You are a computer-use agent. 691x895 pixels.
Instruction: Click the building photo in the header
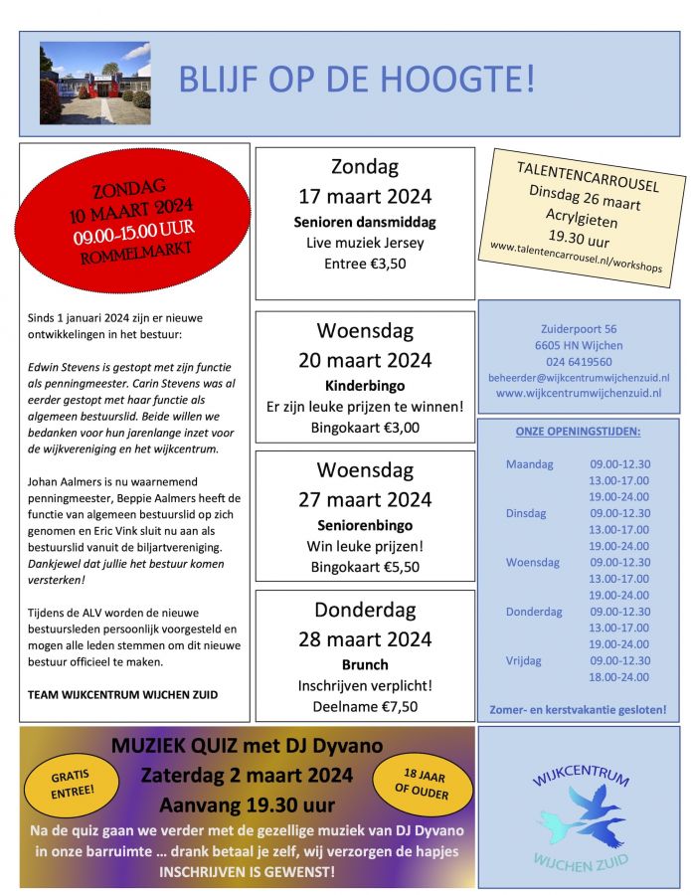94,83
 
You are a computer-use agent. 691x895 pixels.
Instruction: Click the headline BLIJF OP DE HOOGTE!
356,80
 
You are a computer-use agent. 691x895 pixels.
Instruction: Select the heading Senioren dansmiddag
365,222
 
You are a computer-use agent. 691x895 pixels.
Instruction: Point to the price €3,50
365,265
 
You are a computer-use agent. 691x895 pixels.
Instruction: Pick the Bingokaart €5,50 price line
365,567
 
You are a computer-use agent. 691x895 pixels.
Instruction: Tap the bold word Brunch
365,664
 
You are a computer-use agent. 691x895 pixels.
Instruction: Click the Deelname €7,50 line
365,707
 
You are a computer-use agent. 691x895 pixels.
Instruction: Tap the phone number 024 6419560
579,361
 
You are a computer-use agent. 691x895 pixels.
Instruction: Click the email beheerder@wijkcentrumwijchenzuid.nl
579,378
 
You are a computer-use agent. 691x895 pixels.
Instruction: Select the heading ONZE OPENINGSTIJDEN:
578,431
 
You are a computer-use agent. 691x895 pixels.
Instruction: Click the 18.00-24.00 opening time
619,676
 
